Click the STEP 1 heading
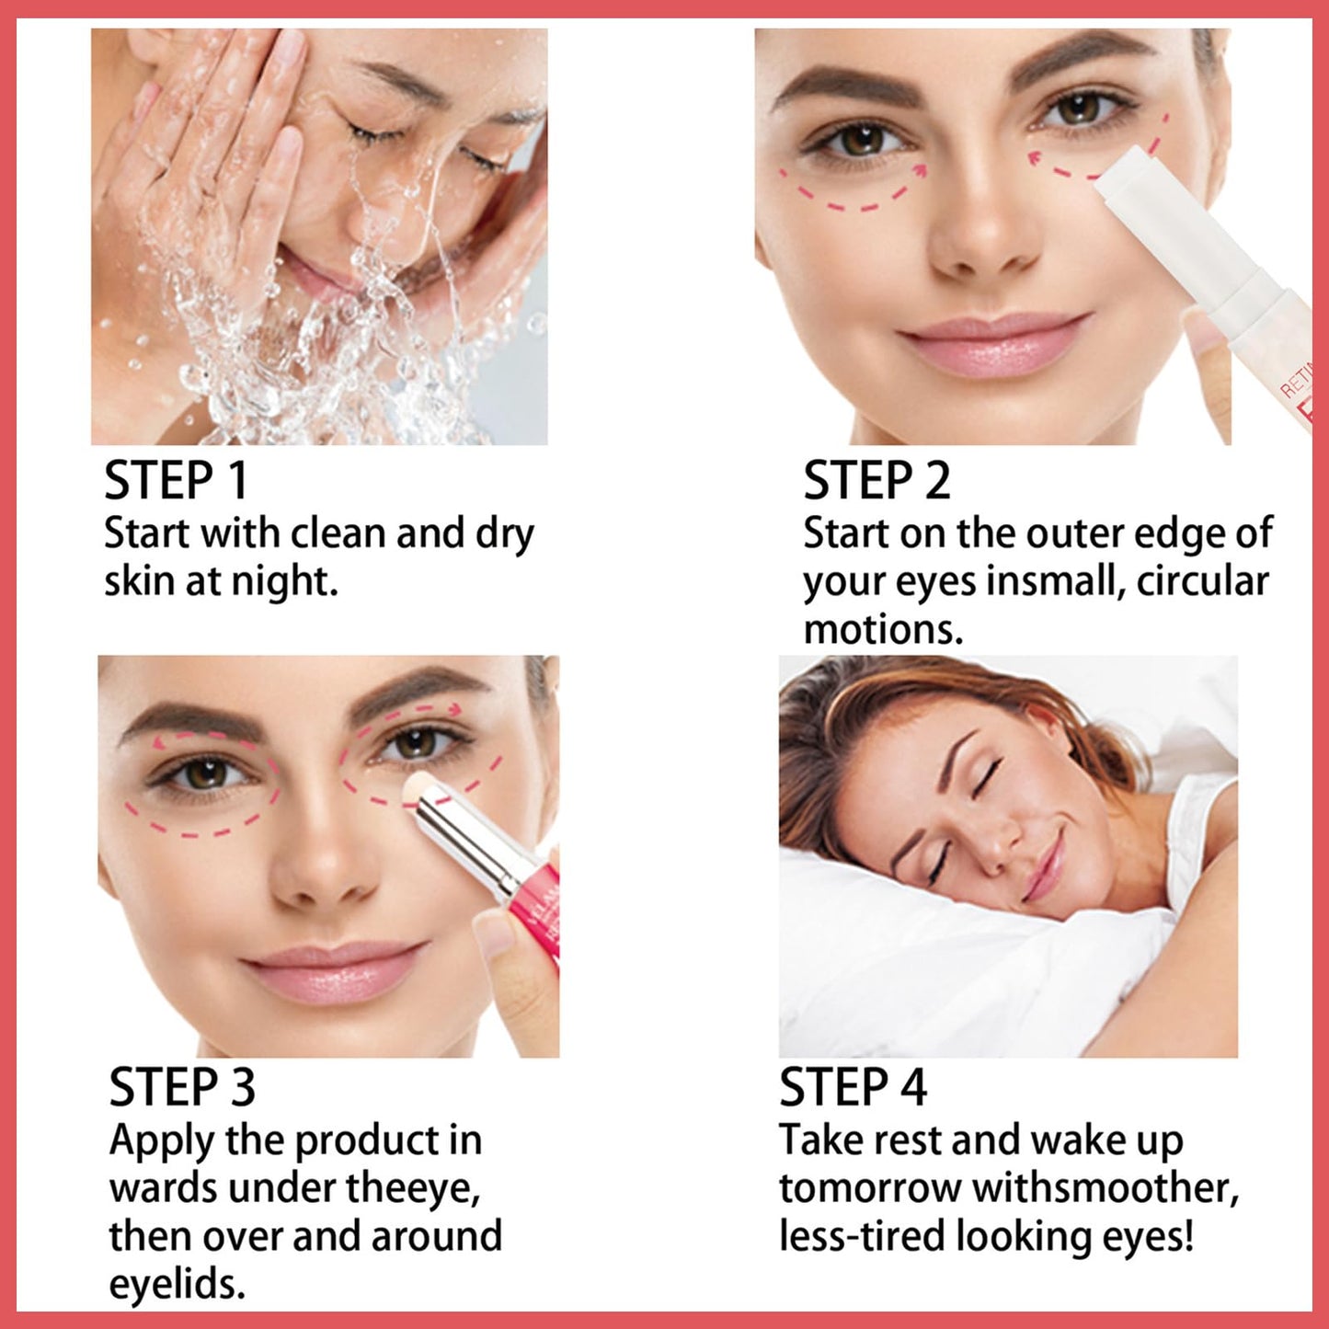pyautogui.click(x=176, y=481)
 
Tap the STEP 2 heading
pyautogui.click(x=876, y=481)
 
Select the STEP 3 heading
pyautogui.click(x=182, y=1087)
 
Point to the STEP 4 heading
pyautogui.click(x=853, y=1087)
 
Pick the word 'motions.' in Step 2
pyautogui.click(x=883, y=630)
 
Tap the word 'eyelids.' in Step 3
pyautogui.click(x=178, y=1284)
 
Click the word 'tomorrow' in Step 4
pyautogui.click(x=869, y=1188)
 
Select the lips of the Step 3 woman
pyautogui.click(x=335, y=969)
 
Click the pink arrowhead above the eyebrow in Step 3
pyautogui.click(x=454, y=708)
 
